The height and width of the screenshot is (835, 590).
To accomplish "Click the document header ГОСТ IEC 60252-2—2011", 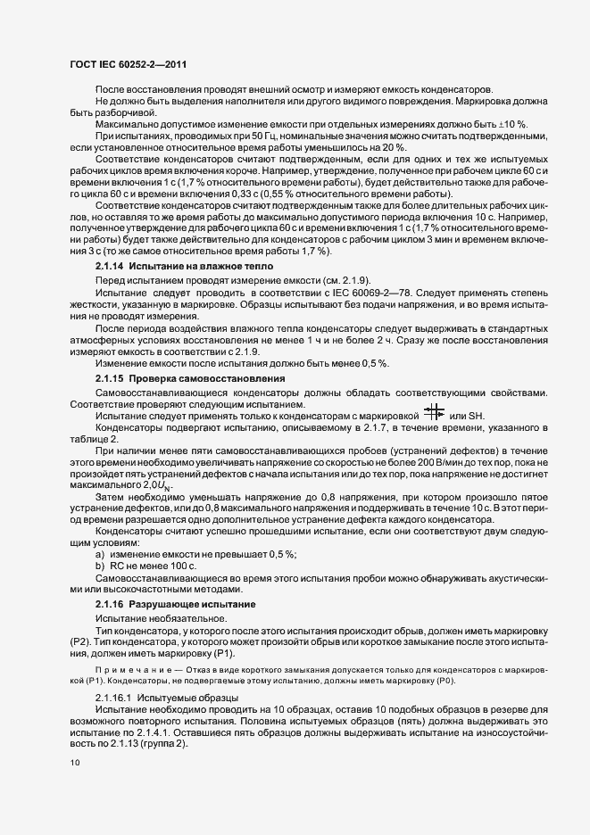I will coord(129,64).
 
